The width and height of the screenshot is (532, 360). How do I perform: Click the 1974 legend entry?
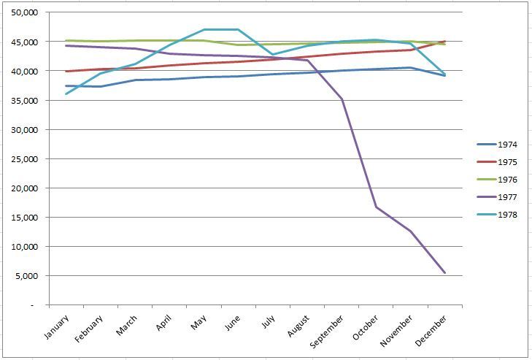[x=497, y=145]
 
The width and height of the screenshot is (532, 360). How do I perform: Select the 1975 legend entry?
[x=497, y=162]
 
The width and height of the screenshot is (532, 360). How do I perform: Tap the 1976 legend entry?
[x=497, y=180]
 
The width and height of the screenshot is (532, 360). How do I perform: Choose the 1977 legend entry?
[x=497, y=197]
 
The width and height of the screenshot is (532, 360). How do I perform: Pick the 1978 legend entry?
[x=497, y=215]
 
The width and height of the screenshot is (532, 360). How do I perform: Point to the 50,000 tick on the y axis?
[x=25, y=12]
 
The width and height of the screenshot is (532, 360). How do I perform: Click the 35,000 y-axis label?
[x=25, y=101]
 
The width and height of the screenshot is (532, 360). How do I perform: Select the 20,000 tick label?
[x=25, y=188]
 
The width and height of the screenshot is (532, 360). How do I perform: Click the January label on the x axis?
[x=57, y=326]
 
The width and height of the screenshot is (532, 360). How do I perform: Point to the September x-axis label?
[x=327, y=331]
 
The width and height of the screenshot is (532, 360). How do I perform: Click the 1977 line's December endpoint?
[x=444, y=272]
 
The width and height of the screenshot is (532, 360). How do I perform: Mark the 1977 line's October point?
[x=376, y=207]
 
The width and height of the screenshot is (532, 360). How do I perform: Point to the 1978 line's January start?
[x=66, y=94]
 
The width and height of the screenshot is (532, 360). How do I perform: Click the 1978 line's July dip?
[x=272, y=54]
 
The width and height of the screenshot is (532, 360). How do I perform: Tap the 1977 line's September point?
[x=342, y=99]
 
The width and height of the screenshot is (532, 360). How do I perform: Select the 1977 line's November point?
[x=411, y=231]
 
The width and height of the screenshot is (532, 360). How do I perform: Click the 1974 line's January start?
[x=66, y=86]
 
